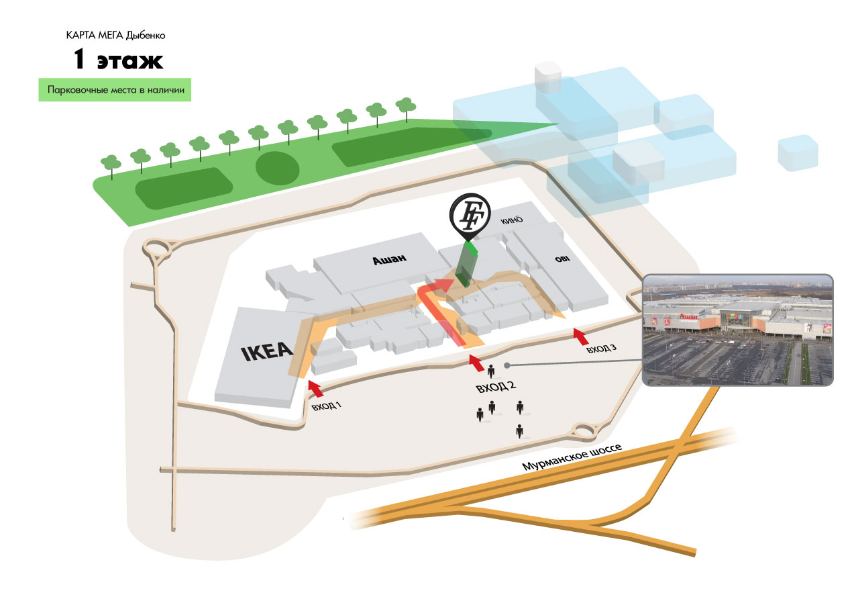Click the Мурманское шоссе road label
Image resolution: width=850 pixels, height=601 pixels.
(x=574, y=459)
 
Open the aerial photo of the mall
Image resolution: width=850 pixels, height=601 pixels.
(x=737, y=330)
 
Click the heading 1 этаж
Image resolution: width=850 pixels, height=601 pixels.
(x=118, y=60)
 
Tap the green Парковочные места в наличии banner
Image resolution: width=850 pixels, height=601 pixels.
(x=115, y=90)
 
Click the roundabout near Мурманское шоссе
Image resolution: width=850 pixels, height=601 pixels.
(x=583, y=430)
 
